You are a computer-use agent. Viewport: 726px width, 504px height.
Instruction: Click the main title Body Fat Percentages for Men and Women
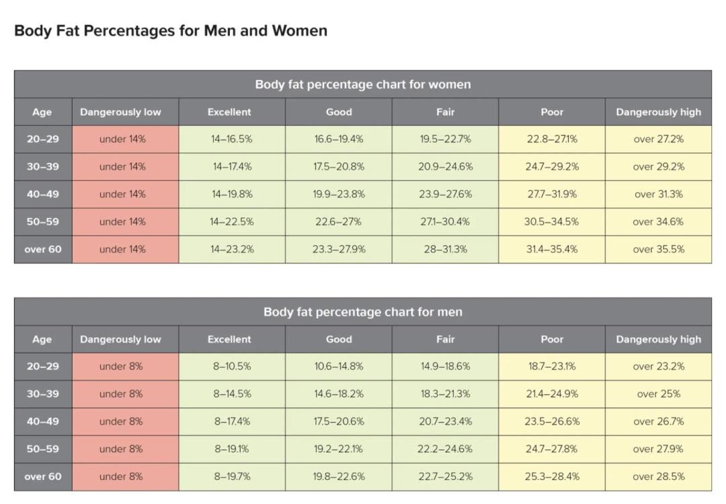click(x=171, y=30)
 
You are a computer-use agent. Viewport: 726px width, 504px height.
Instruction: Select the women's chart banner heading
click(x=363, y=84)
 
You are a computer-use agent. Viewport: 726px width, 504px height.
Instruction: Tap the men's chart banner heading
click(x=363, y=312)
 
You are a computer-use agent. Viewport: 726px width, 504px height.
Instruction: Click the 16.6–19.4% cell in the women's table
click(x=338, y=139)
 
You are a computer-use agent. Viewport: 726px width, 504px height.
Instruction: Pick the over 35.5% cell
click(x=658, y=249)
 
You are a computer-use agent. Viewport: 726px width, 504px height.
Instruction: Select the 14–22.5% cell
click(x=231, y=221)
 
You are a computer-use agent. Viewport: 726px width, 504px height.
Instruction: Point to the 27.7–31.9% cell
click(x=552, y=194)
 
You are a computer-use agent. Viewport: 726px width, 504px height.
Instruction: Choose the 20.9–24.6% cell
click(x=446, y=166)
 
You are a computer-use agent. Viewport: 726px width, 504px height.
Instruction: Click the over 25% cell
click(x=658, y=394)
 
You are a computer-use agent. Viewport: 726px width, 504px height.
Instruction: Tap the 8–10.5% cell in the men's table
click(x=231, y=366)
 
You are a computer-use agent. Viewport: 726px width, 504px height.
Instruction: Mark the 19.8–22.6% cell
click(x=338, y=476)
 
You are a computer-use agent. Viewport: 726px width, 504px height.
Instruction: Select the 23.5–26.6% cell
click(x=552, y=421)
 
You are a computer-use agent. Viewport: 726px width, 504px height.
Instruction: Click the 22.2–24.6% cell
click(x=445, y=449)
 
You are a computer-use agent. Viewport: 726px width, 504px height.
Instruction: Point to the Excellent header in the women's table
click(x=229, y=112)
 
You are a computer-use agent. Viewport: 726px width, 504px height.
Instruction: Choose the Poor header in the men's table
click(x=552, y=339)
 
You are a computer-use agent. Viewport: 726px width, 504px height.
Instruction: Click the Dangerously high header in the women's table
click(x=658, y=112)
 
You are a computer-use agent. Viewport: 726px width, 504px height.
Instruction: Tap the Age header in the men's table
click(x=42, y=339)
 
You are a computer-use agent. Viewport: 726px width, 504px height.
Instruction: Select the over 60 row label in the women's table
click(x=42, y=249)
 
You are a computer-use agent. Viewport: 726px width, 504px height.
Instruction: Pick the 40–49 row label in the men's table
click(x=42, y=421)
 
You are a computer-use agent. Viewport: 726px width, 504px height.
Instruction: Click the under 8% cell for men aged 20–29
click(x=121, y=366)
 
